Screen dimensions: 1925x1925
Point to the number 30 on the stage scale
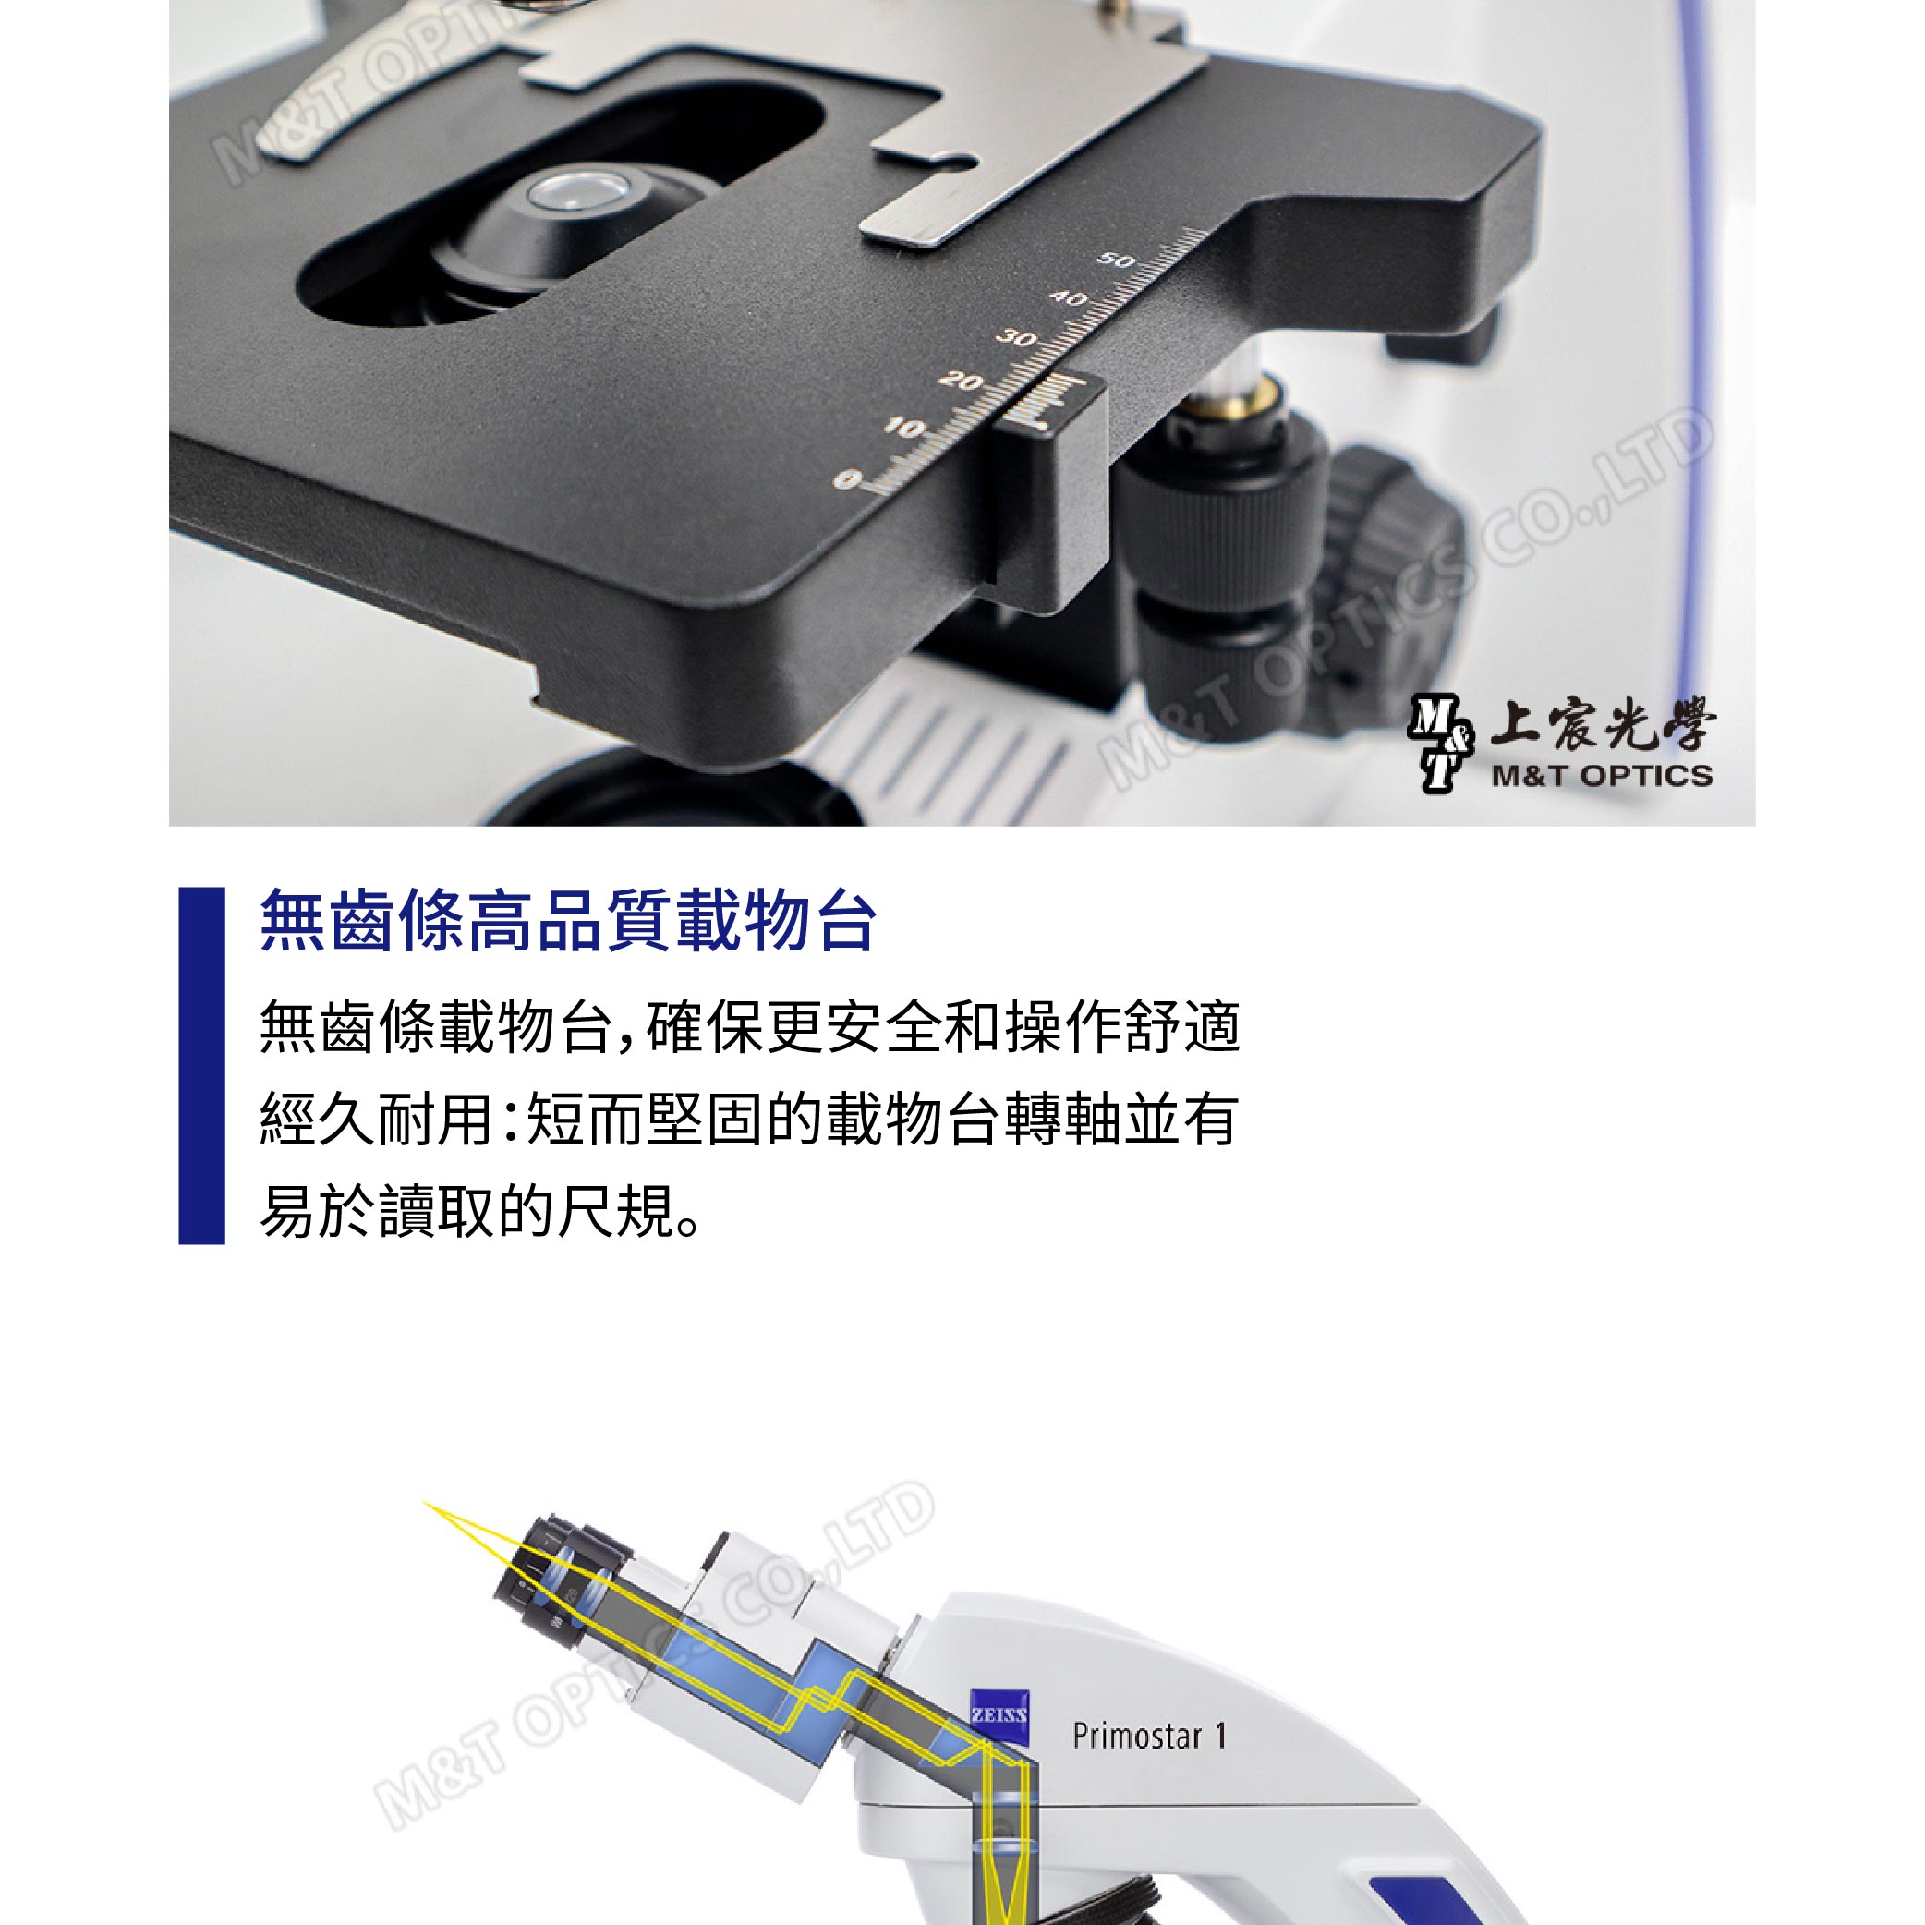point(1016,339)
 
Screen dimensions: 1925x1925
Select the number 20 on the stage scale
point(960,381)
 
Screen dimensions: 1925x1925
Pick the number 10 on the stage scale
point(903,429)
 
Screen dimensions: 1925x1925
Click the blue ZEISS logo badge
point(999,1715)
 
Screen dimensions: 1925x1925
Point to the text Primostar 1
point(1149,1736)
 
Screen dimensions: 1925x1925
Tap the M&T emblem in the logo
point(1440,745)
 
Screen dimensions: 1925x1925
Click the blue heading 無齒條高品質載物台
point(568,921)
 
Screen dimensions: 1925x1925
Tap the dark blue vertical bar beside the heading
point(201,1065)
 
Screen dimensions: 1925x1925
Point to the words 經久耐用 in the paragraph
point(375,1119)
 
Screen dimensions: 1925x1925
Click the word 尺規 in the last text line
point(615,1212)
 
